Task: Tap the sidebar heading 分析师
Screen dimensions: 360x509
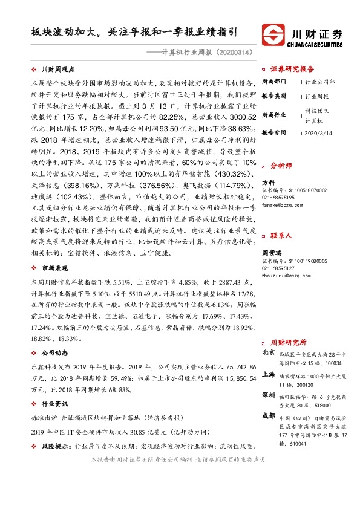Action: [281, 164]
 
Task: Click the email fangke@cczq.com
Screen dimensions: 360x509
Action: [281, 205]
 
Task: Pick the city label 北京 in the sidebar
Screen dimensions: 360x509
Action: [268, 352]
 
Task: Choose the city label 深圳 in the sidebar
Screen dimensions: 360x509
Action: [268, 395]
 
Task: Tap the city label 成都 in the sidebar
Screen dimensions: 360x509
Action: [268, 417]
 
